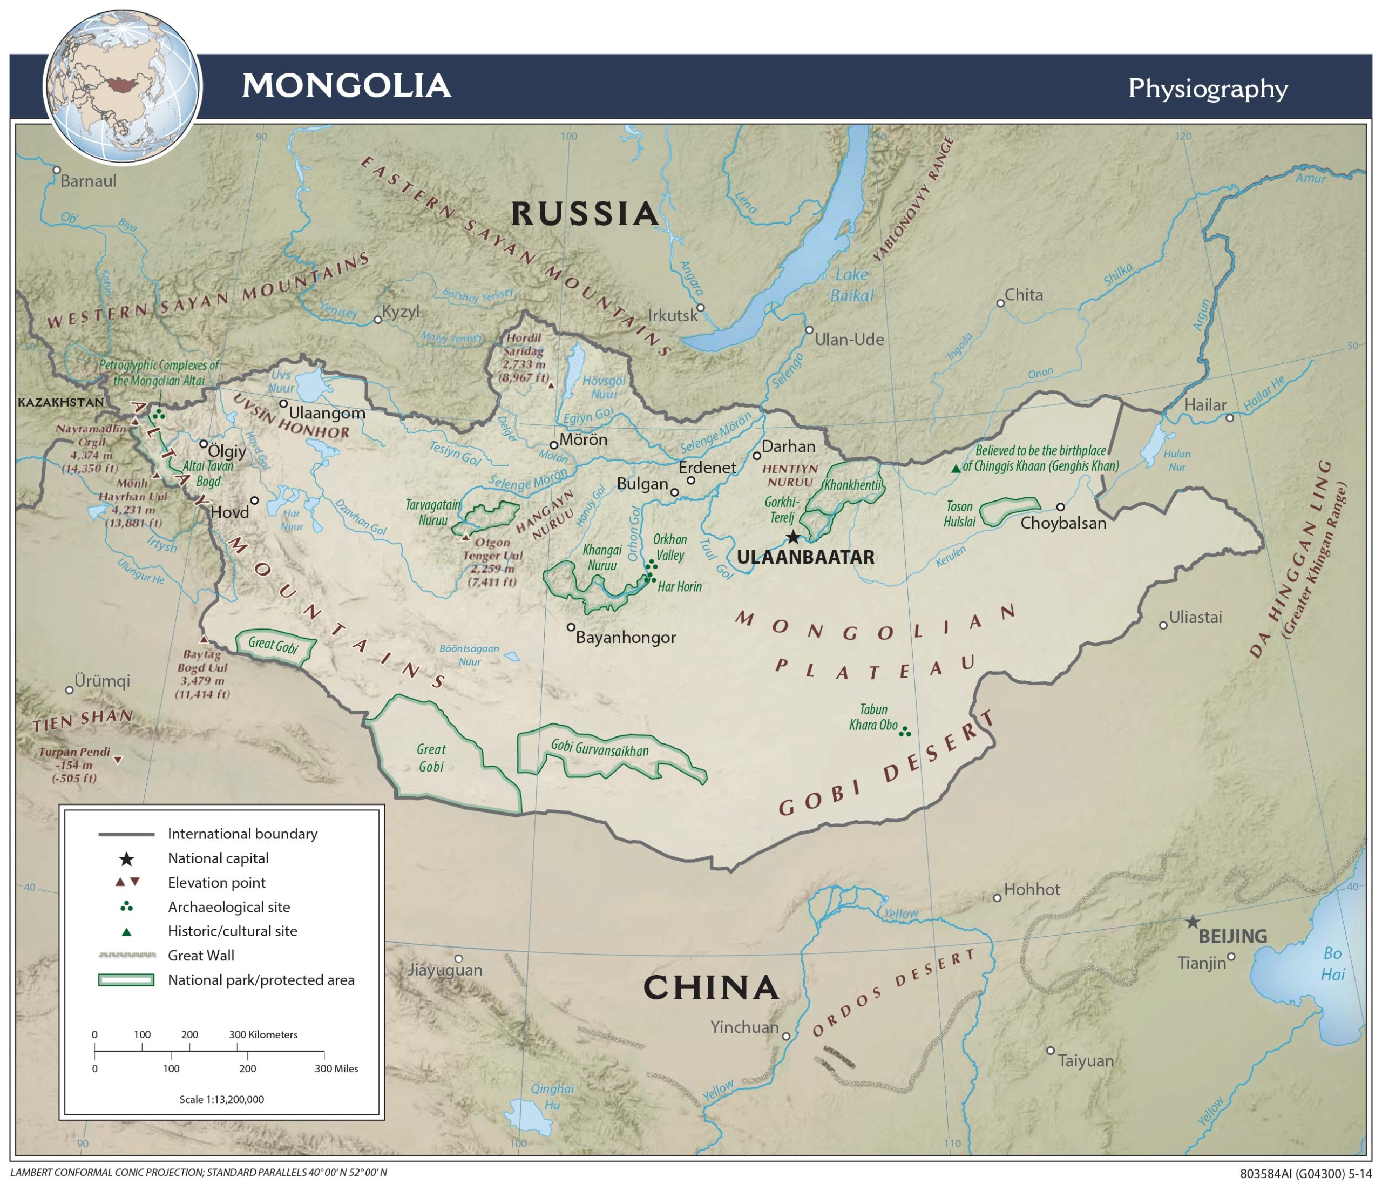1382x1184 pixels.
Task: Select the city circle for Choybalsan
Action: pyautogui.click(x=1060, y=507)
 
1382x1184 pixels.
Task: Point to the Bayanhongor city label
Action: pyautogui.click(x=626, y=638)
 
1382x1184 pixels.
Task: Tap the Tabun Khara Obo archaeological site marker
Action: pyautogui.click(x=904, y=732)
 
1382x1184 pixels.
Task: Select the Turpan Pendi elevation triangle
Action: pyautogui.click(x=118, y=760)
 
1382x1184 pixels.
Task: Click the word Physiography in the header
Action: pyautogui.click(x=1207, y=89)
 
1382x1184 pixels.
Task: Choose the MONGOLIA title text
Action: pyautogui.click(x=346, y=86)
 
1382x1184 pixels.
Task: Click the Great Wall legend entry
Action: pyautogui.click(x=201, y=955)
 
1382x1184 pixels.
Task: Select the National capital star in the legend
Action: pyautogui.click(x=127, y=858)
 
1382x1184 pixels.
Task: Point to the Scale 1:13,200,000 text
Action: pyautogui.click(x=221, y=1099)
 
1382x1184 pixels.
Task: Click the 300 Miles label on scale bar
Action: pyautogui.click(x=336, y=1068)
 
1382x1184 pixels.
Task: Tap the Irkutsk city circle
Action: pyautogui.click(x=700, y=308)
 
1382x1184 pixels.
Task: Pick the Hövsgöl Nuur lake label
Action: pyautogui.click(x=604, y=387)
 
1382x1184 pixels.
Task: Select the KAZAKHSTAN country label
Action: pyautogui.click(x=60, y=402)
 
